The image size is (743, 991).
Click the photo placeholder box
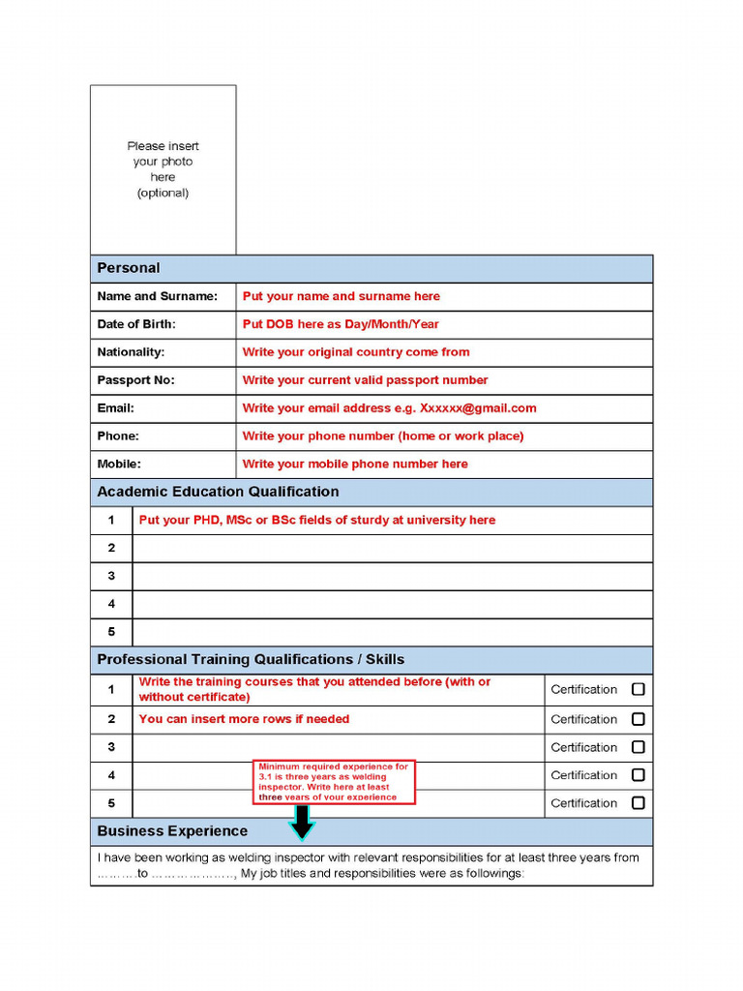pyautogui.click(x=163, y=169)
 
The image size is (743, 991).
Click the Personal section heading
pyautogui.click(x=129, y=268)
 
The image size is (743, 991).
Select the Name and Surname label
pyautogui.click(x=157, y=296)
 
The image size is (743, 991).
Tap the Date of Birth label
pyautogui.click(x=136, y=324)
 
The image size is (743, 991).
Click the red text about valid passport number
pyautogui.click(x=365, y=380)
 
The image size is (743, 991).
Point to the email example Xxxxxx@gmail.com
pyautogui.click(x=478, y=408)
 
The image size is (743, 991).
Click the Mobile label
pyautogui.click(x=119, y=465)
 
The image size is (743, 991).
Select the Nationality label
pyautogui.click(x=131, y=352)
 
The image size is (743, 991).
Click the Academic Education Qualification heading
pyautogui.click(x=218, y=492)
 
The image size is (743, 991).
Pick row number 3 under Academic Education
pyautogui.click(x=111, y=576)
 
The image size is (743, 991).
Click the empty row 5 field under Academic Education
pyautogui.click(x=392, y=632)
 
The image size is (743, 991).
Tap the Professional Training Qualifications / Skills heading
pyautogui.click(x=251, y=660)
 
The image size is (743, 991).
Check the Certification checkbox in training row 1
pyautogui.click(x=638, y=690)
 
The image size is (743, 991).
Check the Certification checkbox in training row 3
pyautogui.click(x=638, y=747)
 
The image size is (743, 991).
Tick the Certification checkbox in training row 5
pyautogui.click(x=638, y=803)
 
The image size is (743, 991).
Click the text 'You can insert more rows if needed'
pyautogui.click(x=244, y=719)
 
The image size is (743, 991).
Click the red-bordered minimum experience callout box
pyautogui.click(x=335, y=782)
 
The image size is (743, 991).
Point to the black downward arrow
pyautogui.click(x=303, y=822)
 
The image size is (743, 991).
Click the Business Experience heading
pyautogui.click(x=172, y=831)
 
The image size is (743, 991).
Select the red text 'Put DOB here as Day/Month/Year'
pyautogui.click(x=340, y=324)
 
